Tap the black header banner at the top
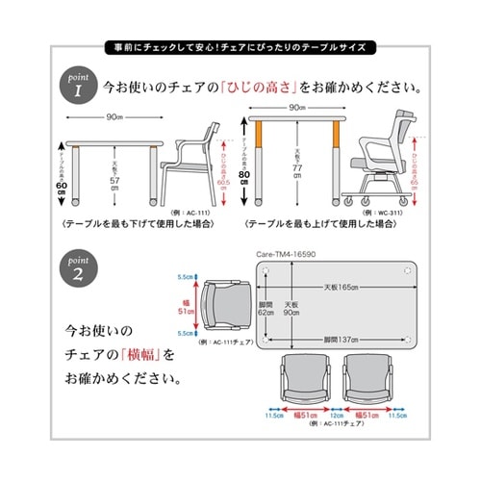click(x=240, y=46)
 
